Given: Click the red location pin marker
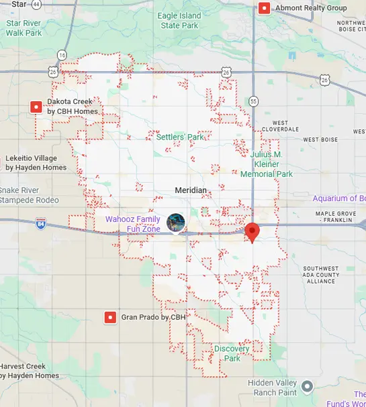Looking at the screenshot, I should (253, 232).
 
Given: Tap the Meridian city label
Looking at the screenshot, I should (191, 190).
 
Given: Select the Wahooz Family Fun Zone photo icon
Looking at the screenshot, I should (176, 222).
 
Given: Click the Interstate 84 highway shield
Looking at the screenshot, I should (41, 227).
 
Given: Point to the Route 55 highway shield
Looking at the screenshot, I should (253, 101).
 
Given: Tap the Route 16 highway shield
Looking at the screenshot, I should (62, 55).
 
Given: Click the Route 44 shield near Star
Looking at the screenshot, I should (36, 5).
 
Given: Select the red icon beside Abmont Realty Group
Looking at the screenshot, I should (265, 8).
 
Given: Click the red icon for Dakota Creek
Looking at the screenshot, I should (36, 107).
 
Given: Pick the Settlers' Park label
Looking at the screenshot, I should (179, 137).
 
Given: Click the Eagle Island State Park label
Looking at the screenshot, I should (180, 20).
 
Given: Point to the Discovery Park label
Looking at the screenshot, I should (232, 353).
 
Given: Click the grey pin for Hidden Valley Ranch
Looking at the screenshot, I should (308, 386).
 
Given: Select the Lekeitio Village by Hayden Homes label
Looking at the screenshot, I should (36, 163).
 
